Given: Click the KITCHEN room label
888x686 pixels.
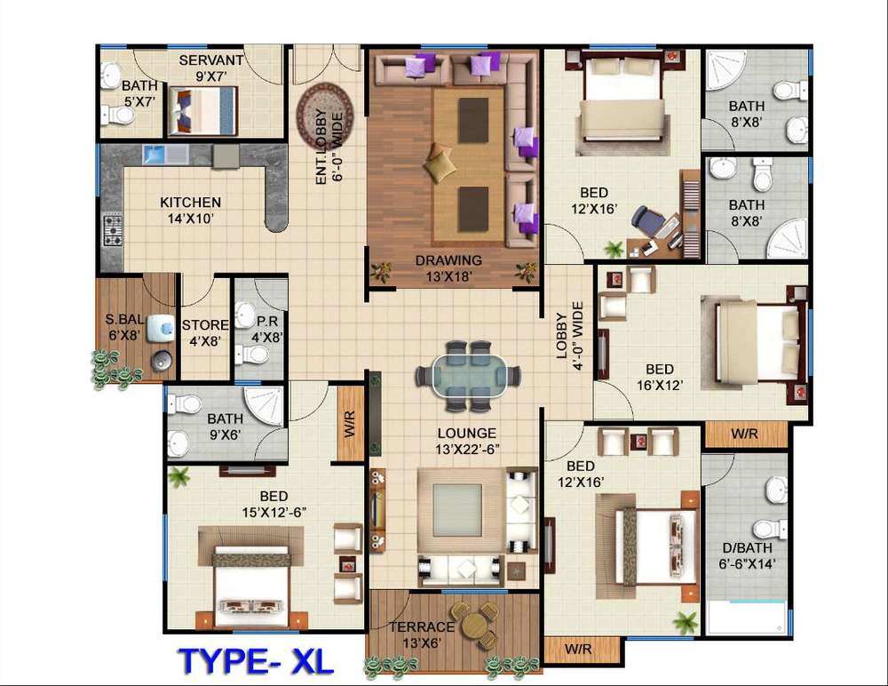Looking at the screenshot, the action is [190, 203].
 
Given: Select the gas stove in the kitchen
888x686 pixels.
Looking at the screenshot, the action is [112, 231].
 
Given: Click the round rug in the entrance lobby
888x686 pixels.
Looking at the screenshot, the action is [325, 116].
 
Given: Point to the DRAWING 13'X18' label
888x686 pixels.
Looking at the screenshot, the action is [448, 268].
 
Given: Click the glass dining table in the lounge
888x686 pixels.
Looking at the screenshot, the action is [468, 375].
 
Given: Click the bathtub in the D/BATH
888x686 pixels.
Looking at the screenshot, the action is [747, 618].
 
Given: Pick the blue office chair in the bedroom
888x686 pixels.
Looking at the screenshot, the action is [647, 220].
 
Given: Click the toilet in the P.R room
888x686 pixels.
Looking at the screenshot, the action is [251, 355].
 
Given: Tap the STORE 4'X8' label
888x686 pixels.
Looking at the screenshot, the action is [205, 333].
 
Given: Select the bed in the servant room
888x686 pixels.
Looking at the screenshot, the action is [202, 110].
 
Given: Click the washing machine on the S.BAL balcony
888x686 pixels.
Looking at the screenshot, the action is [161, 328].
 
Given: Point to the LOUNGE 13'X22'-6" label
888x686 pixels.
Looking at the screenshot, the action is [467, 441].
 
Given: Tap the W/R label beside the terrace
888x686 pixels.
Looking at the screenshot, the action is [578, 650].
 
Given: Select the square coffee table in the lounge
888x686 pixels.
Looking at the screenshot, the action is [458, 510].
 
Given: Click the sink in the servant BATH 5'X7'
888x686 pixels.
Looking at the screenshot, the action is [110, 76].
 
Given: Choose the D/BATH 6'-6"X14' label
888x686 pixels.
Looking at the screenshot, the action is [747, 555].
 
